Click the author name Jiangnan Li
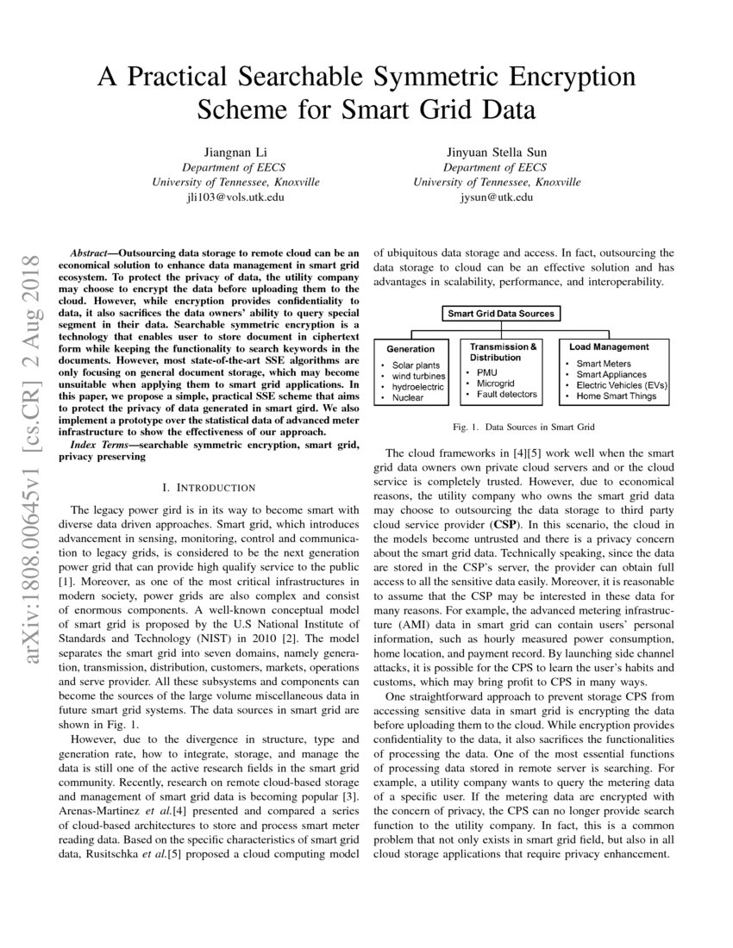235,152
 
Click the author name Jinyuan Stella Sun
497,152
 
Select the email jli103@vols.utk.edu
235,197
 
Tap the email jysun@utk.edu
497,197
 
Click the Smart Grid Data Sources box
501,314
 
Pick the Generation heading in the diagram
410,349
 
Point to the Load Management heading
609,346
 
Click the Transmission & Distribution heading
503,352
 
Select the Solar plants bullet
416,365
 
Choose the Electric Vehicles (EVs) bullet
621,385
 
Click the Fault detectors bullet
507,395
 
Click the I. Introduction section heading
209,488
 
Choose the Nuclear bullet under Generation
409,398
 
